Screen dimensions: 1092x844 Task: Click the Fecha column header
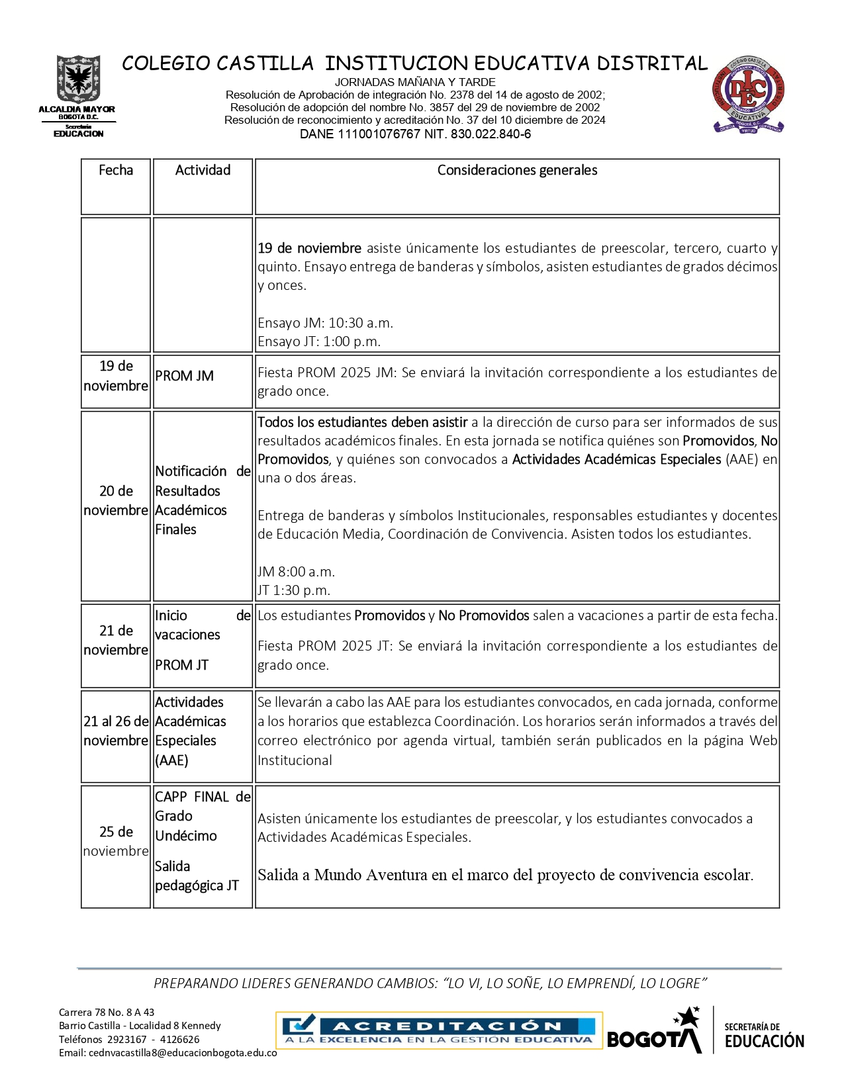pyautogui.click(x=116, y=170)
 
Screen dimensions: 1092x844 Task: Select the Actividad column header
pyautogui.click(x=203, y=170)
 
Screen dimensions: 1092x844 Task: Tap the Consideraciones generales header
pyautogui.click(x=517, y=170)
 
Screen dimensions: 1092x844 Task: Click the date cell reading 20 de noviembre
pyautogui.click(x=116, y=500)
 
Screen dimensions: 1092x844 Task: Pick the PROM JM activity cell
pyautogui.click(x=185, y=376)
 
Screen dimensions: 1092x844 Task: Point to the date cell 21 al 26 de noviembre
pyautogui.click(x=116, y=731)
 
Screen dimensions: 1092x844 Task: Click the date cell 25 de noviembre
pyautogui.click(x=116, y=841)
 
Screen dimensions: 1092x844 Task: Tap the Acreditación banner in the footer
pyautogui.click(x=439, y=1030)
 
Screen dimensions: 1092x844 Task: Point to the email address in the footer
pyautogui.click(x=168, y=1053)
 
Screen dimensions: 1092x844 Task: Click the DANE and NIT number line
pyautogui.click(x=415, y=134)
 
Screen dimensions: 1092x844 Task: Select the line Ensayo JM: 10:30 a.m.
pyautogui.click(x=325, y=323)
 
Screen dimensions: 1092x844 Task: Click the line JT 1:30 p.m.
pyautogui.click(x=294, y=590)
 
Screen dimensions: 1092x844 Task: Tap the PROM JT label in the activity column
pyautogui.click(x=182, y=665)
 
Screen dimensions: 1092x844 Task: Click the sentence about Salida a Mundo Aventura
pyautogui.click(x=506, y=875)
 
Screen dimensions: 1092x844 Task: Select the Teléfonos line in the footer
pyautogui.click(x=129, y=1039)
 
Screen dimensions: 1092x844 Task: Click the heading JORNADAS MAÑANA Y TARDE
pyautogui.click(x=415, y=82)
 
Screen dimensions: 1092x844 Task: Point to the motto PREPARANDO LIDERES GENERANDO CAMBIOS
pyautogui.click(x=430, y=983)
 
